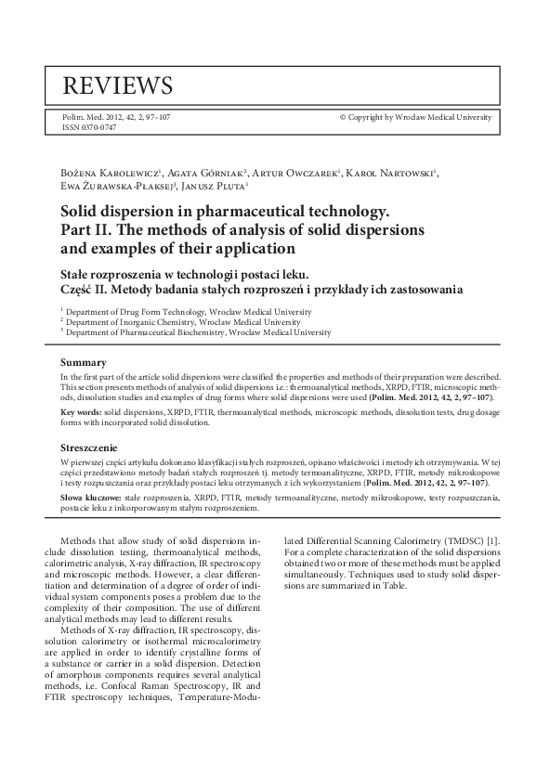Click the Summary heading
(83, 361)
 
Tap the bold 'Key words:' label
(81, 410)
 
